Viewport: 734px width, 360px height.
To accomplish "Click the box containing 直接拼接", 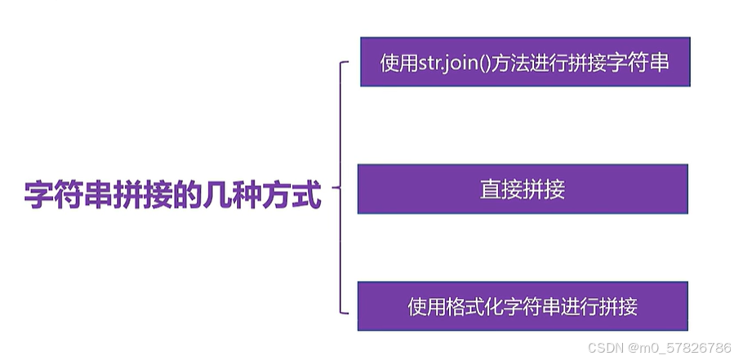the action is tap(523, 189).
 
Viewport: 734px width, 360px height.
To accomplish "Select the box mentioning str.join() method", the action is tap(525, 61).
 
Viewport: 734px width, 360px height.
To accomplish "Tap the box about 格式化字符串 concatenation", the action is tap(523, 306).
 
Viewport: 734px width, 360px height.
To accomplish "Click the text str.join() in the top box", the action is tap(455, 62).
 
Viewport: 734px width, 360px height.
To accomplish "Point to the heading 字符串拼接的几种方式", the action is tap(172, 197).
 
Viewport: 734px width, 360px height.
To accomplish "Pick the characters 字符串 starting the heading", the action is tap(65, 197).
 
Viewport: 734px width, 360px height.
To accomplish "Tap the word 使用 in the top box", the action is tap(399, 62).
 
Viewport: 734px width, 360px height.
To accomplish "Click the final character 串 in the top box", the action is tap(660, 62).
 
